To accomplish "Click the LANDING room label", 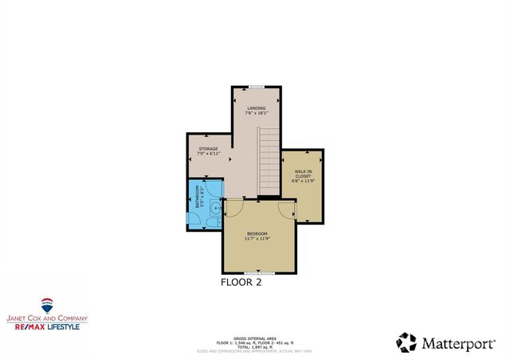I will click(256, 108).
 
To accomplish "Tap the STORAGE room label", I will click(208, 149).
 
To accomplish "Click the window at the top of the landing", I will click(256, 87).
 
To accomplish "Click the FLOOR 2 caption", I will click(241, 282).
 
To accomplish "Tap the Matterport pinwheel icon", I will click(406, 342).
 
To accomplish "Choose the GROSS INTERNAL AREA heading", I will click(255, 337).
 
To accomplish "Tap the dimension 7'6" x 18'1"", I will click(256, 113).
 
